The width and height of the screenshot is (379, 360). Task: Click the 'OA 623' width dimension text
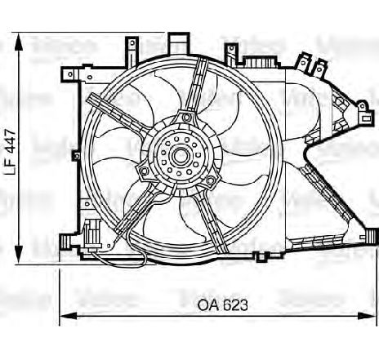222,304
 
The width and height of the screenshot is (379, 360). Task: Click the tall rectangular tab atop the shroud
177,40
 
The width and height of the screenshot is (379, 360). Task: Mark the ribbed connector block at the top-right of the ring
261,64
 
